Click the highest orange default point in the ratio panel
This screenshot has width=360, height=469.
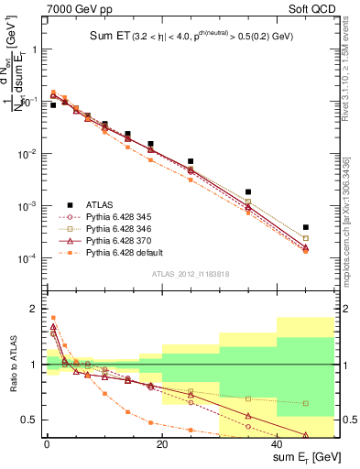click(x=53, y=318)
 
